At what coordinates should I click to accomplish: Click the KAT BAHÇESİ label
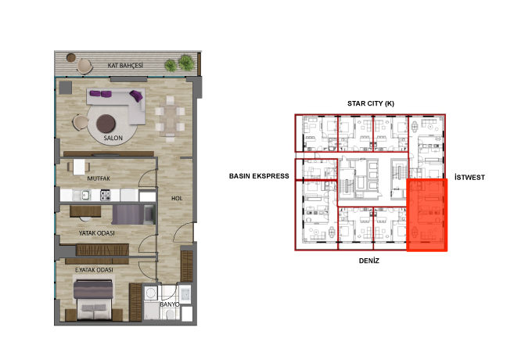[125, 65]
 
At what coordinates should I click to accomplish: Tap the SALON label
[113, 138]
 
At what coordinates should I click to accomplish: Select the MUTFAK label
[99, 178]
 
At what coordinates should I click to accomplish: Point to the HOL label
[177, 198]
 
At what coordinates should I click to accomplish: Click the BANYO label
[169, 304]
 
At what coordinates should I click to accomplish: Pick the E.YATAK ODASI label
[94, 270]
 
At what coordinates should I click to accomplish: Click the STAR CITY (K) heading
[371, 103]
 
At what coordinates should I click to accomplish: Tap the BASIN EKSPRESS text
[259, 176]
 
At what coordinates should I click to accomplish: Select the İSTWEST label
[469, 177]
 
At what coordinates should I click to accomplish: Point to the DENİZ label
[368, 261]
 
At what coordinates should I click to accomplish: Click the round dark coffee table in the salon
[106, 124]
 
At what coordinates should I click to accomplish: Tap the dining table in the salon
[170, 117]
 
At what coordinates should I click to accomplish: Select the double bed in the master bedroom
[94, 301]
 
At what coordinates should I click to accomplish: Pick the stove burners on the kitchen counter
[105, 195]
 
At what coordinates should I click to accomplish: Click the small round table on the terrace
[71, 58]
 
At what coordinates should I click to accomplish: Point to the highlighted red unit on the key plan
[427, 215]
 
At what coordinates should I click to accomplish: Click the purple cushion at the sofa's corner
[136, 95]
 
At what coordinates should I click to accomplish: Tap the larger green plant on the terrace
[186, 63]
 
